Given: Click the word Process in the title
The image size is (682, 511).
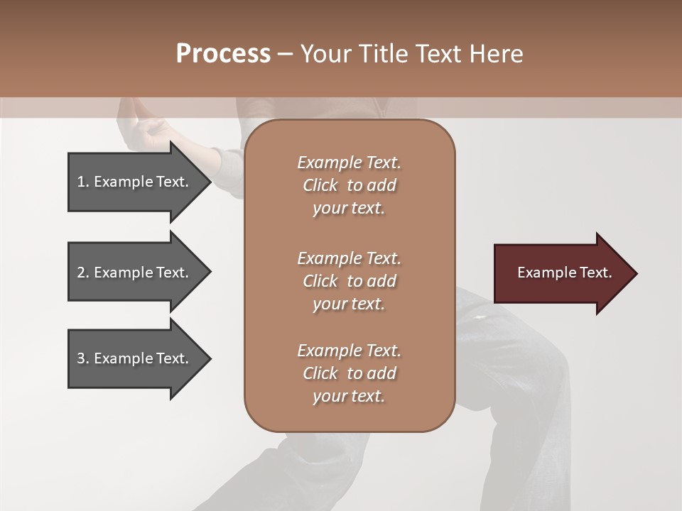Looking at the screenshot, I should (x=223, y=54).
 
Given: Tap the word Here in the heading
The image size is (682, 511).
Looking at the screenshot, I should (x=495, y=54).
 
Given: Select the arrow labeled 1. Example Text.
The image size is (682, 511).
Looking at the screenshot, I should (x=135, y=182).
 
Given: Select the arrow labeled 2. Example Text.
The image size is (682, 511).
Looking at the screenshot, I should (x=135, y=273).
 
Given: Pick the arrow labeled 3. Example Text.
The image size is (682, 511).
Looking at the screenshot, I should (x=135, y=358).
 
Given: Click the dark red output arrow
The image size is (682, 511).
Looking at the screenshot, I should (x=561, y=273).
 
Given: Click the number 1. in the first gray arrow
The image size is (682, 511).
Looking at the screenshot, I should (x=82, y=182).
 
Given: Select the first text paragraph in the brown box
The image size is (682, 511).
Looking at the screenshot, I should (x=349, y=185).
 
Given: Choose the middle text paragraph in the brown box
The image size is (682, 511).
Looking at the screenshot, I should (x=349, y=281).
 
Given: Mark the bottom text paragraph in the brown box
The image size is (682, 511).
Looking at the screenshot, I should (x=349, y=373).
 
